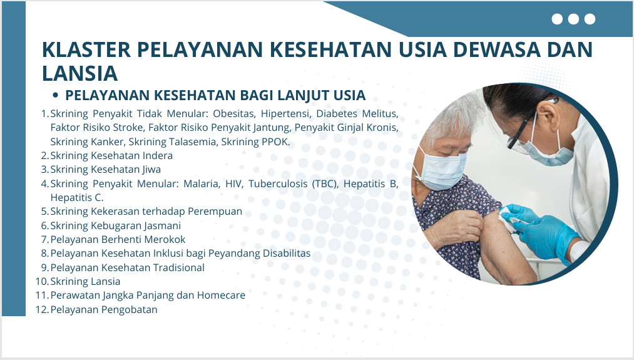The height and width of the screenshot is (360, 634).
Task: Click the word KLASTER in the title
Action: point(86,49)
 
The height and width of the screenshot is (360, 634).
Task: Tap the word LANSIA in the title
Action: point(79,74)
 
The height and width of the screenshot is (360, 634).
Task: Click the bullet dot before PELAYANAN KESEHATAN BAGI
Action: point(56,95)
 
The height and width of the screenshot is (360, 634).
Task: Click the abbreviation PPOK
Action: point(276,141)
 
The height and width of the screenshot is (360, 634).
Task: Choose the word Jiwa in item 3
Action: point(151,170)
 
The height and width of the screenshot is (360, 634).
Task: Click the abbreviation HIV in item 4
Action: point(233,183)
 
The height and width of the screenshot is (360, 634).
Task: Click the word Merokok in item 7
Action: point(165,239)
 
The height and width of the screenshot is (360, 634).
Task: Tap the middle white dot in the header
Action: point(573,19)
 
